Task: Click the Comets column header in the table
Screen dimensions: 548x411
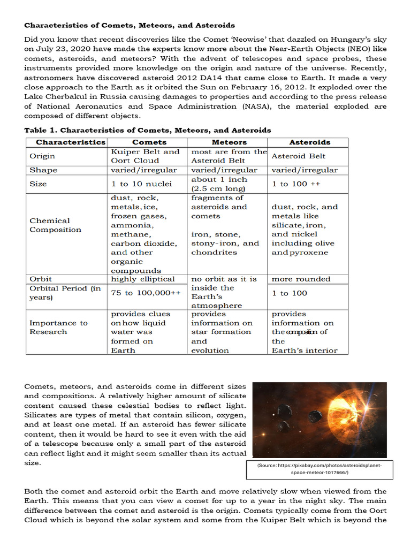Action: [x=149, y=142]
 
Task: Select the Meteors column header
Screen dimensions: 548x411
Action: [x=229, y=142]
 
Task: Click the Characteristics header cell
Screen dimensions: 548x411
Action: [x=71, y=142]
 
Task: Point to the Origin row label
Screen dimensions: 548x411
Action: [x=42, y=156]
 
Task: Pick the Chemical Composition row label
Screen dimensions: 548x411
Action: [x=55, y=225]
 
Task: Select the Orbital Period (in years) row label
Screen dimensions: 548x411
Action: [x=65, y=293]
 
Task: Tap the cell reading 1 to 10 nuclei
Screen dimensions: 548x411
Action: [x=141, y=184]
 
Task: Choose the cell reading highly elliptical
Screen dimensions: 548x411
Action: [x=143, y=279]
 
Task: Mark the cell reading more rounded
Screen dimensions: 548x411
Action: [x=301, y=279]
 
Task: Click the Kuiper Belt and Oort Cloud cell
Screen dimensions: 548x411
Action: [x=145, y=156]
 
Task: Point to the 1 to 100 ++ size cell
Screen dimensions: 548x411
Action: [x=296, y=184]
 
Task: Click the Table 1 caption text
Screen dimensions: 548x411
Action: [x=148, y=130]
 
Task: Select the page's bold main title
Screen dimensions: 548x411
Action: [x=130, y=25]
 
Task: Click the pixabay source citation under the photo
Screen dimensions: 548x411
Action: [x=319, y=469]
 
